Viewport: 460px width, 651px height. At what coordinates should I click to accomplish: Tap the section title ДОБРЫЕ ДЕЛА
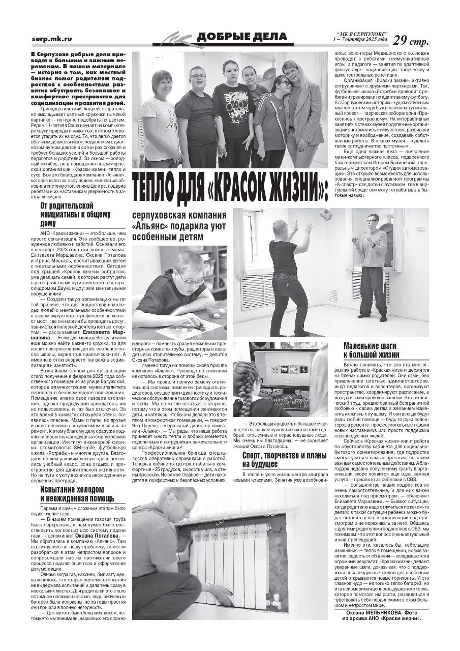point(241,37)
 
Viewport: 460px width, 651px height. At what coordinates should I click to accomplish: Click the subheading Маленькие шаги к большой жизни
point(371,350)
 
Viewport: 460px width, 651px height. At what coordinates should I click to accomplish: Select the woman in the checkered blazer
point(303,112)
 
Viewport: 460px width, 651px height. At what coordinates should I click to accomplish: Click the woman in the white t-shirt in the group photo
point(160,120)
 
